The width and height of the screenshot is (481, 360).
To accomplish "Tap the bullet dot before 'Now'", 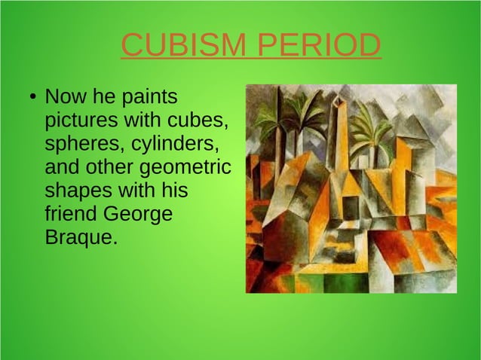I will coord(32,99).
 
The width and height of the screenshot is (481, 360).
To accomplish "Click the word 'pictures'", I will coord(76,121).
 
